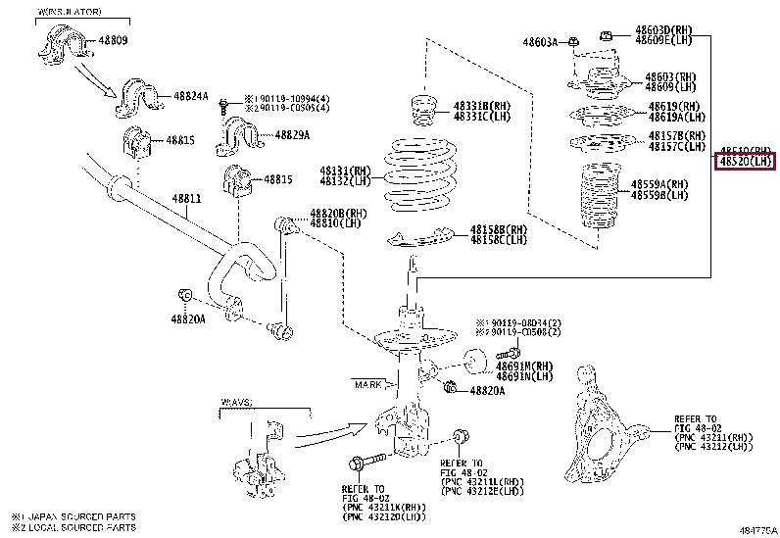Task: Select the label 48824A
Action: pyautogui.click(x=191, y=96)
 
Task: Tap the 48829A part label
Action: pyautogui.click(x=292, y=135)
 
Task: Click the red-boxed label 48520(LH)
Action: pyautogui.click(x=746, y=161)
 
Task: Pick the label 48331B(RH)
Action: pyautogui.click(x=481, y=105)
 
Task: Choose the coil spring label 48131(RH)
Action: pyautogui.click(x=345, y=170)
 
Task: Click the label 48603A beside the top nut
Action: pyautogui.click(x=539, y=42)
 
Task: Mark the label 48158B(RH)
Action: pyautogui.click(x=498, y=229)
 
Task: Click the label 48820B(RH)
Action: pyautogui.click(x=338, y=213)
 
